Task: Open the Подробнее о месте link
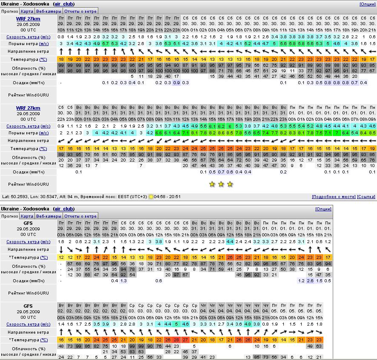point(334,197)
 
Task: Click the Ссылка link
point(366,197)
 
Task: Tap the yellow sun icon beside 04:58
point(151,197)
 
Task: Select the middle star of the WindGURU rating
point(221,184)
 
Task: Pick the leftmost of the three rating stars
point(212,184)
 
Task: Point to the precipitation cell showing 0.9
point(177,82)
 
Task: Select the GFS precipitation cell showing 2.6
point(310,281)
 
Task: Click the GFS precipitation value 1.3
point(123,281)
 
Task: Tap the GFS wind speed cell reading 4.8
point(248,324)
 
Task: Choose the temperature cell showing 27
point(186,340)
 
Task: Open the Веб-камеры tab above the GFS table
point(49,216)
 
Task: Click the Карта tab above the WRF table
point(27,11)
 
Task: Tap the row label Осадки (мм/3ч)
point(29,281)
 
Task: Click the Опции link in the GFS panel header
point(323,209)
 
